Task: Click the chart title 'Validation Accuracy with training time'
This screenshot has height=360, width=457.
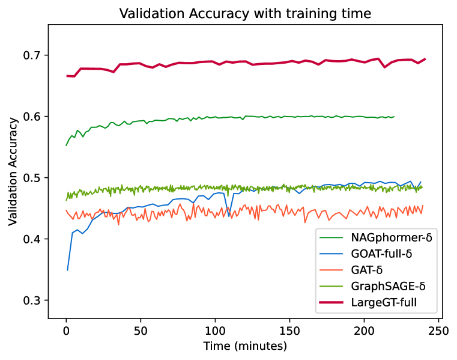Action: pos(245,14)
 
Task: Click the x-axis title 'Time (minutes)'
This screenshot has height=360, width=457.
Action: pos(245,346)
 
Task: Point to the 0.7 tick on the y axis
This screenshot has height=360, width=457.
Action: pos(34,55)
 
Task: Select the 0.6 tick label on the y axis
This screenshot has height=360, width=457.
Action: pos(34,117)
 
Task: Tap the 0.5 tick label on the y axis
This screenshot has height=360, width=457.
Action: pos(34,178)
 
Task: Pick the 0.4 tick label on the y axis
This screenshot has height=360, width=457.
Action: pos(34,239)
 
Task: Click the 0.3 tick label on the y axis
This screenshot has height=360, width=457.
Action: pos(34,301)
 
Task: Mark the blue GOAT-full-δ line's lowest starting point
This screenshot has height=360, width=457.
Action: pos(67,270)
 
